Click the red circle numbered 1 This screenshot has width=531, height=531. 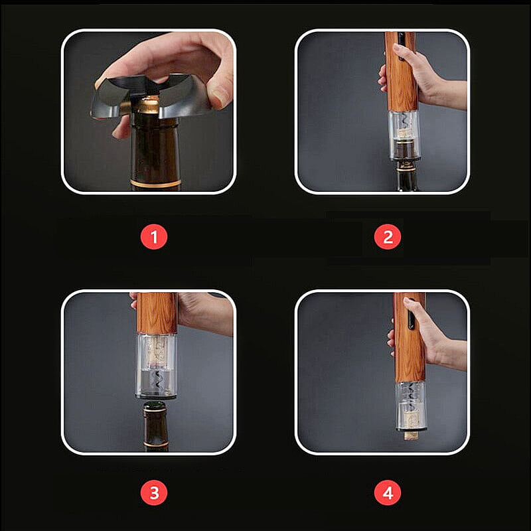point(154,237)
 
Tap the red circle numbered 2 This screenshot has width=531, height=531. point(388,237)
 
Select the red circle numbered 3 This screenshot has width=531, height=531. point(154,493)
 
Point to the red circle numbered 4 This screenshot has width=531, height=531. point(388,493)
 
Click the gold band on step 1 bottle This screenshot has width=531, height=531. point(156,183)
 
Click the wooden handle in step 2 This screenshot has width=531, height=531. point(401,72)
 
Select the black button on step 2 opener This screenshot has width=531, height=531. point(402,46)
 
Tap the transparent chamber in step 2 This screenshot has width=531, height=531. point(404,135)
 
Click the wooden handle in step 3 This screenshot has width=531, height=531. point(157,313)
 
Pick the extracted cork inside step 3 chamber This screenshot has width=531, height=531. point(156,353)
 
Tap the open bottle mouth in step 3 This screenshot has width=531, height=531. point(155,406)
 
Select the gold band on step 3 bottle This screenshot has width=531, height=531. point(156,444)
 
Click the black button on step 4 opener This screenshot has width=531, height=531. point(411,314)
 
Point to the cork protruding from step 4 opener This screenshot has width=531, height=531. point(411,435)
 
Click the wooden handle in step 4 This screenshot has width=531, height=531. point(410,338)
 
